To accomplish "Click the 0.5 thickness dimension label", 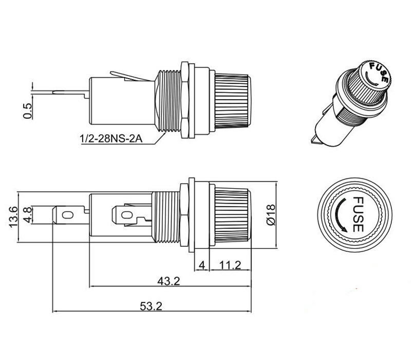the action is coord(27,111).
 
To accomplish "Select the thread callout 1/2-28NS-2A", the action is coord(111,138).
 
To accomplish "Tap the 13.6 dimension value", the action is coord(13,217).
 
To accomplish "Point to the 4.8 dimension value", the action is coord(28,215).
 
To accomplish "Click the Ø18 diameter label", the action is coord(271,214).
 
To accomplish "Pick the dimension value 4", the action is coord(202,265).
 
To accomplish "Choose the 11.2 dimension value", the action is coord(230,265).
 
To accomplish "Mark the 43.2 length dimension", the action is coord(169,281).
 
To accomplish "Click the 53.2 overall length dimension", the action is coord(151,306).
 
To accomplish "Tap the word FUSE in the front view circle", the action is coord(358,214).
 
